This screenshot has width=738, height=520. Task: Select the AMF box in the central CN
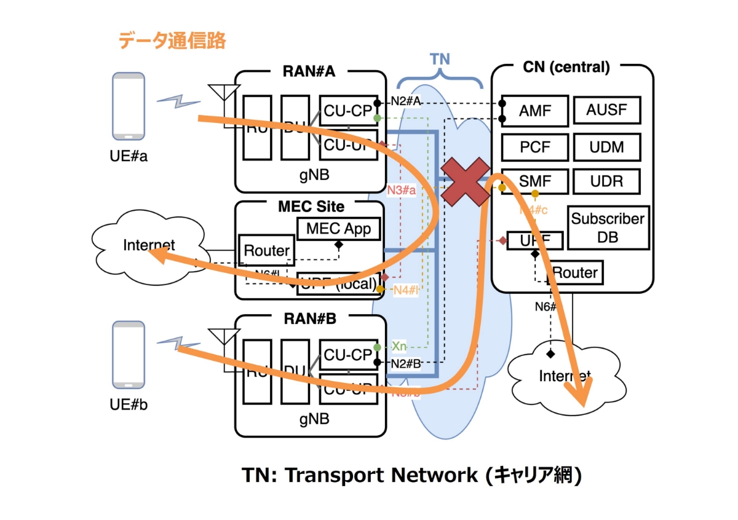click(x=534, y=111)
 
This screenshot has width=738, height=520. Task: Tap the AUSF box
click(x=607, y=111)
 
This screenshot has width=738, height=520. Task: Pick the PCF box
click(x=534, y=147)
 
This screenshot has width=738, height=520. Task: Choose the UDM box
click(x=607, y=147)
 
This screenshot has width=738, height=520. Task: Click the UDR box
click(x=607, y=181)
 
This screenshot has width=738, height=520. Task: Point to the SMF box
click(x=534, y=181)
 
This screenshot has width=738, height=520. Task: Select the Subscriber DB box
click(x=608, y=227)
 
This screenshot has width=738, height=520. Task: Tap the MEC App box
click(x=338, y=229)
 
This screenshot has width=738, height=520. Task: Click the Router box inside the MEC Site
click(x=266, y=250)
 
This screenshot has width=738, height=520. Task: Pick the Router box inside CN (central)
click(x=576, y=272)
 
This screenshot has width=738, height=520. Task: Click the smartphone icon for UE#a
click(x=129, y=106)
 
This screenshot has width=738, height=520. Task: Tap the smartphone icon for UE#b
click(x=129, y=355)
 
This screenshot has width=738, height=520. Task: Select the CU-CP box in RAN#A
click(x=348, y=111)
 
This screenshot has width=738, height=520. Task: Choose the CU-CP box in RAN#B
click(x=348, y=355)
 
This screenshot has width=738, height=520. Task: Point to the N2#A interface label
click(x=405, y=102)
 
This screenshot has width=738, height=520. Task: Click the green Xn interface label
click(x=399, y=347)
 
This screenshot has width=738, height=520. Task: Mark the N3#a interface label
click(x=402, y=190)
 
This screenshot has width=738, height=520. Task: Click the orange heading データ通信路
click(x=172, y=41)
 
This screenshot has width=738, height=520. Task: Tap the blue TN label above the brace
click(x=439, y=59)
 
